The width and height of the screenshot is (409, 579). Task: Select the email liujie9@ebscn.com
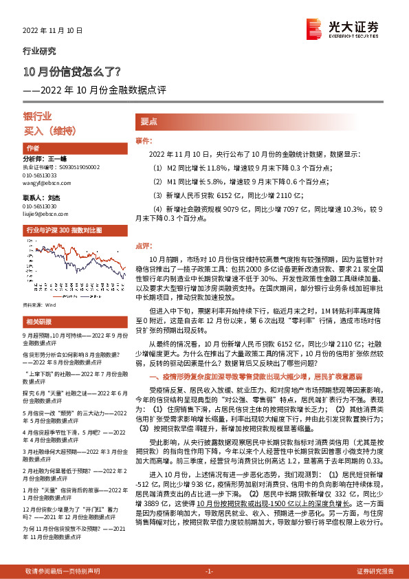tap(44, 215)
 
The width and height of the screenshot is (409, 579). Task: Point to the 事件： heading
tap(143, 140)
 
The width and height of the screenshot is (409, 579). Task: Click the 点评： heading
tap(143, 244)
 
